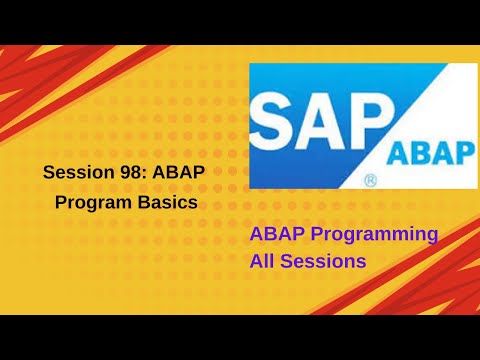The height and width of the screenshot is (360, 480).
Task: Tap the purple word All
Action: click(x=263, y=262)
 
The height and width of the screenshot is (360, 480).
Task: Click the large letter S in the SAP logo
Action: click(x=278, y=117)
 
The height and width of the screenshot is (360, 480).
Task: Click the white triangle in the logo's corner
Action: click(x=455, y=80)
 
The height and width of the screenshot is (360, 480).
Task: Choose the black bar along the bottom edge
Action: click(x=240, y=337)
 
